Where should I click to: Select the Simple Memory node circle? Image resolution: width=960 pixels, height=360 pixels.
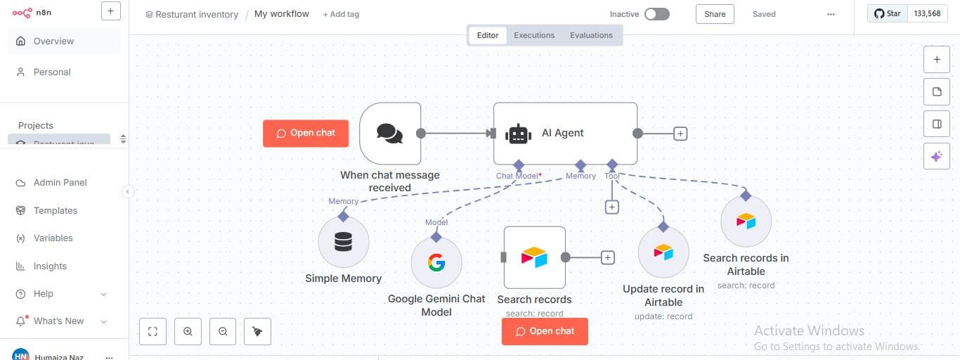[343, 242]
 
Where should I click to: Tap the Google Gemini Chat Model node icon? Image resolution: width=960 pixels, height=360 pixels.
[436, 263]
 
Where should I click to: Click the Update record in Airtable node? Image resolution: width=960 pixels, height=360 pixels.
[663, 252]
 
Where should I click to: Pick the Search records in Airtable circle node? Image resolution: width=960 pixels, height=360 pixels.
[746, 221]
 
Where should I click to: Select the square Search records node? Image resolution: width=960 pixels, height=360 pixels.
[534, 257]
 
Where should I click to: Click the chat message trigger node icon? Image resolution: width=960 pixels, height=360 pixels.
[390, 133]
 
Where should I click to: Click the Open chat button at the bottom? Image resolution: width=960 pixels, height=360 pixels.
[545, 331]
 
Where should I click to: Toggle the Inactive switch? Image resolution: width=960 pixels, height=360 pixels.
[657, 14]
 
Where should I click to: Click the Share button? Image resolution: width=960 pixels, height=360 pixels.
[715, 14]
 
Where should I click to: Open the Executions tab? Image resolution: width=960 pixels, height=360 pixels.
[534, 35]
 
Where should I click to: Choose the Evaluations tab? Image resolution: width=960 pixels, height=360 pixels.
[591, 35]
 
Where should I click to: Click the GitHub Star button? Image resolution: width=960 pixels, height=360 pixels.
[887, 13]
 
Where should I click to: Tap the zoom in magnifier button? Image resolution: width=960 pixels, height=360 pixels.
[188, 332]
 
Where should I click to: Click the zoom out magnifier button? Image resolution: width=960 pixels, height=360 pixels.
[223, 332]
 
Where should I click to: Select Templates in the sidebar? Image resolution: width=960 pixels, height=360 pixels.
[56, 210]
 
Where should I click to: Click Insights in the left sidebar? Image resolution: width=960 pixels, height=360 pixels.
[50, 266]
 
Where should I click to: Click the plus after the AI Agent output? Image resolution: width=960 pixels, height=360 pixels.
[680, 134]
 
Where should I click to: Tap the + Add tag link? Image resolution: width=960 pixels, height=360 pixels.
[341, 14]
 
